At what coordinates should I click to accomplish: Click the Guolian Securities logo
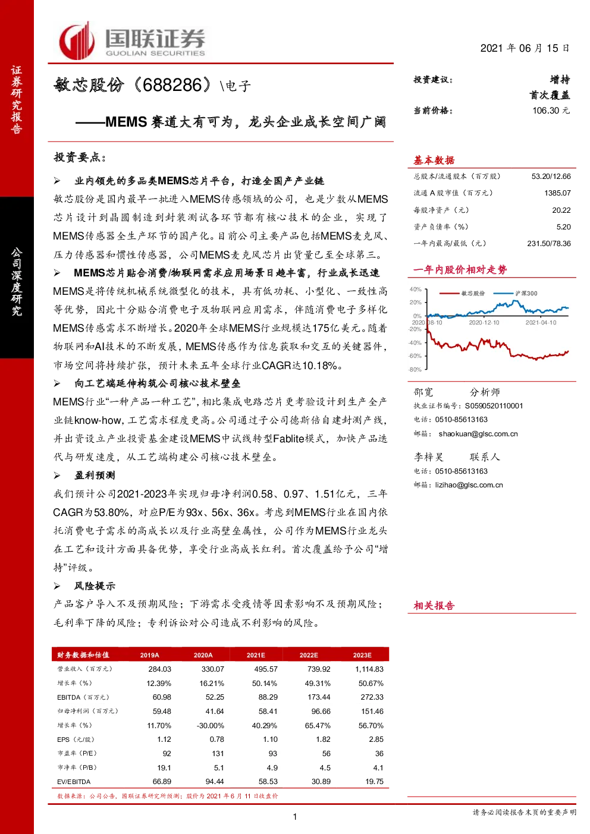pos(132,40)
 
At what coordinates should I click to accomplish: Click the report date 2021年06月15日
pos(525,48)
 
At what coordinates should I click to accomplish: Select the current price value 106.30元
pos(551,111)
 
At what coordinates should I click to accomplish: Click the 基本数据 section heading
pos(434,160)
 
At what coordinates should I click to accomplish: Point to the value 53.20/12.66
pos(551,177)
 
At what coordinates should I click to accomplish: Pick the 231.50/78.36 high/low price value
pos(548,244)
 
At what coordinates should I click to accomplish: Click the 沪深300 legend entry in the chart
pos(516,294)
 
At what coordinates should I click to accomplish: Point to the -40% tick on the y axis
pos(415,342)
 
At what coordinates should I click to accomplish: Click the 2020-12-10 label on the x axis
pos(484,322)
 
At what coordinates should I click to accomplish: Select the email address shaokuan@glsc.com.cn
pos(478,434)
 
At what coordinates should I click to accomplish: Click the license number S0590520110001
pos(494,406)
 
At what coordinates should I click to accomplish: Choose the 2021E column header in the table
pos(256,655)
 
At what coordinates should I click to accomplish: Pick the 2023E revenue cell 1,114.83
pos(369,669)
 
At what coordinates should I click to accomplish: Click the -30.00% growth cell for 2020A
pos(211,725)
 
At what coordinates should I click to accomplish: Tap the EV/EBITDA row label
pos(74,782)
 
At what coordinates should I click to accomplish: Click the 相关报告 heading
pos(434,606)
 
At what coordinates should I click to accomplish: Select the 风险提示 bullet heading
pos(95,586)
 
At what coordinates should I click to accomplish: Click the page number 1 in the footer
pos(295,817)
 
